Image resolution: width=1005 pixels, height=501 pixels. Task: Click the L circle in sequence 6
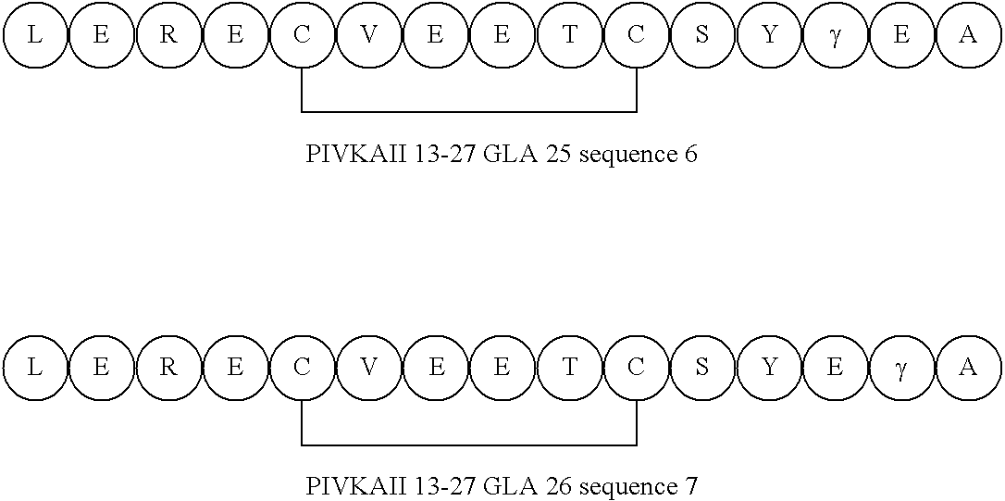[x=35, y=35]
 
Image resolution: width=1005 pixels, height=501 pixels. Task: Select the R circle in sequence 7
[x=168, y=368]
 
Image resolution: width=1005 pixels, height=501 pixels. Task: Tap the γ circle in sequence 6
[x=836, y=35]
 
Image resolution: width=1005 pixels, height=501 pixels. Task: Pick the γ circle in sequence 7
[x=902, y=368]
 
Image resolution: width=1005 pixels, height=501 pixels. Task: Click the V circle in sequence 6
[x=369, y=35]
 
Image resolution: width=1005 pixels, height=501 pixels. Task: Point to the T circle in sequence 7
[x=569, y=368]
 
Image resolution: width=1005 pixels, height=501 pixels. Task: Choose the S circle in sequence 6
[x=702, y=35]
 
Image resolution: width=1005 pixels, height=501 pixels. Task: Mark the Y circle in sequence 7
[x=769, y=368]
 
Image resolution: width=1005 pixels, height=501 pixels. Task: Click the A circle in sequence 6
[x=969, y=35]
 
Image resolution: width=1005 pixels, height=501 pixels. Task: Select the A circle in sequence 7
[x=969, y=368]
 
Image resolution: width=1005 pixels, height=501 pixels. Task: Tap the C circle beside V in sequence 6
[x=303, y=35]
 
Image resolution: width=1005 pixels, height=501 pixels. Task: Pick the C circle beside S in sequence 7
[x=636, y=368]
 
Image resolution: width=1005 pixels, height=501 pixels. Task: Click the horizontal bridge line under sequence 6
[x=469, y=112]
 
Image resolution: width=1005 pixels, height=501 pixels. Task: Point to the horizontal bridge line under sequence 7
[x=469, y=445]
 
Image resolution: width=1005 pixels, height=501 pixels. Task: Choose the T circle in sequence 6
[x=569, y=35]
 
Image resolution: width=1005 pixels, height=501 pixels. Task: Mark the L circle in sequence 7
[x=35, y=368]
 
